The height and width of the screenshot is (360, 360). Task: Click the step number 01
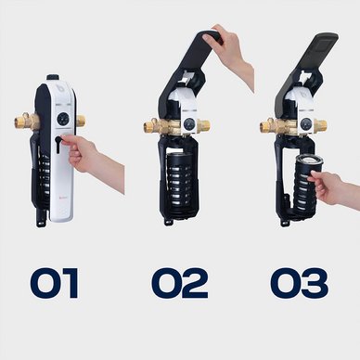55,283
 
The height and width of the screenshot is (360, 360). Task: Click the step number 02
179,283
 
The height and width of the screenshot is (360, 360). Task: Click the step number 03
300,283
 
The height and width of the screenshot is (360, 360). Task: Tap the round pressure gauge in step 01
62,118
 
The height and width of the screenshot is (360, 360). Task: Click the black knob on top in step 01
53,77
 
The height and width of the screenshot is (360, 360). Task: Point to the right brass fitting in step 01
81,120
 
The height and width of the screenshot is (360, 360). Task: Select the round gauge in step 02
188,124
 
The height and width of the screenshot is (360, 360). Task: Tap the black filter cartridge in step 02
179,179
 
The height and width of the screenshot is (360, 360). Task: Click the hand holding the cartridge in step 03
334,188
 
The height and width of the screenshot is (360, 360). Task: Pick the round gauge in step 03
306,123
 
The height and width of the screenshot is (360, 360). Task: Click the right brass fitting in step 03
320,124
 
